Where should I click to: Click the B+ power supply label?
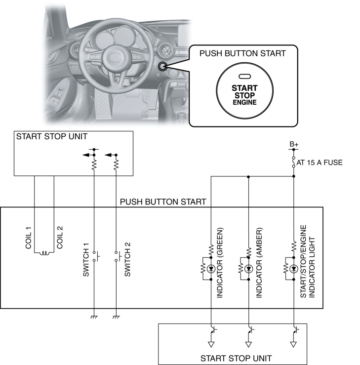coord(294,144)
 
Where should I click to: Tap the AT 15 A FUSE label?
coord(320,162)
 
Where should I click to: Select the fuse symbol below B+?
coord(294,162)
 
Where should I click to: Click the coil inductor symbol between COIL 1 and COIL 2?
coord(44,253)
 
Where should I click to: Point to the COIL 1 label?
coord(28,238)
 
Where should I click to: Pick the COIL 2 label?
coord(60,238)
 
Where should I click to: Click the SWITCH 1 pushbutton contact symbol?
coord(96,256)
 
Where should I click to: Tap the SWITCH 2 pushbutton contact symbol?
coord(118,256)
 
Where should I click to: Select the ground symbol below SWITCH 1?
coord(94,317)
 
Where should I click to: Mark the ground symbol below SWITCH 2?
coord(116,317)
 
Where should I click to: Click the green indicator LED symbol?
coord(211,269)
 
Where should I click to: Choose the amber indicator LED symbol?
coord(248,269)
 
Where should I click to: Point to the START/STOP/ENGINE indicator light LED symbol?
coord(294,269)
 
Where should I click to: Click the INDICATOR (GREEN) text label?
coord(220,263)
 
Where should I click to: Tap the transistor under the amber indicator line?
coord(250,330)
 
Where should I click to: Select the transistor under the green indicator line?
coord(213,330)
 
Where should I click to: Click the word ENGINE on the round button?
coord(244,102)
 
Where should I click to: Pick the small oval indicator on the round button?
coord(244,77)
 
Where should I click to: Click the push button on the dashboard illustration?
coord(162,66)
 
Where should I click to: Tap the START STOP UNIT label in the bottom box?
coord(236,358)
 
